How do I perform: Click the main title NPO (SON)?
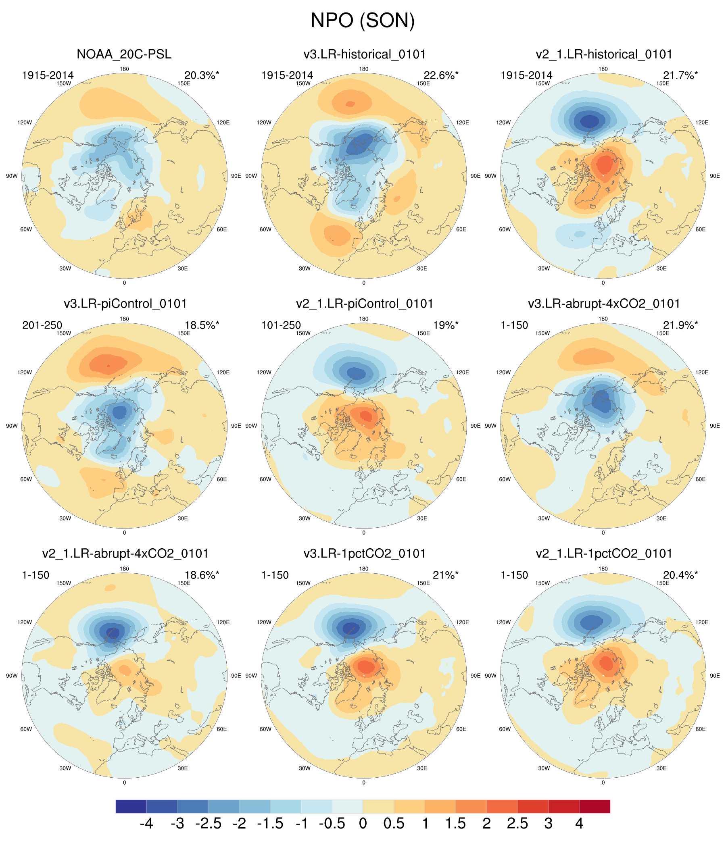pyautogui.click(x=363, y=20)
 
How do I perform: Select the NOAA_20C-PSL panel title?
pyautogui.click(x=124, y=54)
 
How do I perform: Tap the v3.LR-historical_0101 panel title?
pyautogui.click(x=364, y=54)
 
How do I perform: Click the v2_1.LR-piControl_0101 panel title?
pyautogui.click(x=364, y=304)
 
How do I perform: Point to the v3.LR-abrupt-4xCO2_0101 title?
pyautogui.click(x=604, y=304)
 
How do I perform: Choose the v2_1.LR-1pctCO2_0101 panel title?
pyautogui.click(x=604, y=553)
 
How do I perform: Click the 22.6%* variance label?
pyautogui.click(x=441, y=75)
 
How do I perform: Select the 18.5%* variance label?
pyautogui.click(x=202, y=325)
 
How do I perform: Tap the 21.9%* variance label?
pyautogui.click(x=680, y=325)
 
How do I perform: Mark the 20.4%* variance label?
pyautogui.click(x=680, y=575)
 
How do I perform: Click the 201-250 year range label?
pyautogui.click(x=42, y=325)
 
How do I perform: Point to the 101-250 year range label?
pyautogui.click(x=281, y=325)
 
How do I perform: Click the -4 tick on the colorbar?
pyautogui.click(x=146, y=824)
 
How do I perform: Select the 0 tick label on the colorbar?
pyautogui.click(x=363, y=824)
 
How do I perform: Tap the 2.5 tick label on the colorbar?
pyautogui.click(x=517, y=824)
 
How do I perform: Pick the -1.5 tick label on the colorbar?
pyautogui.click(x=270, y=824)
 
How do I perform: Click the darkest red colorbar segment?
pyautogui.click(x=595, y=806)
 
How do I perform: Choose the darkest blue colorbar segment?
pyautogui.click(x=131, y=806)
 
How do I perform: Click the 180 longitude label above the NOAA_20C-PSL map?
pyautogui.click(x=124, y=69)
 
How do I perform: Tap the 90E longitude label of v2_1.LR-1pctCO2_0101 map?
pyautogui.click(x=715, y=676)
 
